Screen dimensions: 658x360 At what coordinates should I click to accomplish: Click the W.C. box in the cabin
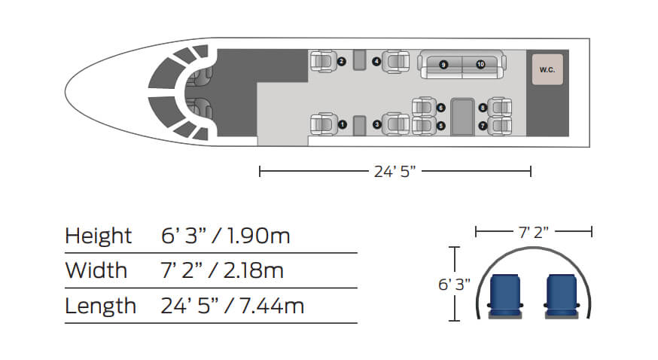coord(547,69)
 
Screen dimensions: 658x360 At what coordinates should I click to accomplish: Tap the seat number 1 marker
coord(343,124)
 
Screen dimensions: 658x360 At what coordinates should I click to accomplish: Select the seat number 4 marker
coord(376,62)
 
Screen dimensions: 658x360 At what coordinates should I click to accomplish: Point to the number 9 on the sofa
coord(443,65)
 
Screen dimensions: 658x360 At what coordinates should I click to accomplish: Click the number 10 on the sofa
coord(480,64)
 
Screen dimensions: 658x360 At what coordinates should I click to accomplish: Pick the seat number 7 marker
coord(483,126)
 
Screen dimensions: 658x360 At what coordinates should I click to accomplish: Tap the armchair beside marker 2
coord(324,62)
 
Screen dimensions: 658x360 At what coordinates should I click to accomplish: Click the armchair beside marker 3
coord(396,124)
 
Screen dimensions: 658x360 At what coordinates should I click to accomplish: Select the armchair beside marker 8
coord(500,108)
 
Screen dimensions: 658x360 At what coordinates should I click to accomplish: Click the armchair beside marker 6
coord(424,107)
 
